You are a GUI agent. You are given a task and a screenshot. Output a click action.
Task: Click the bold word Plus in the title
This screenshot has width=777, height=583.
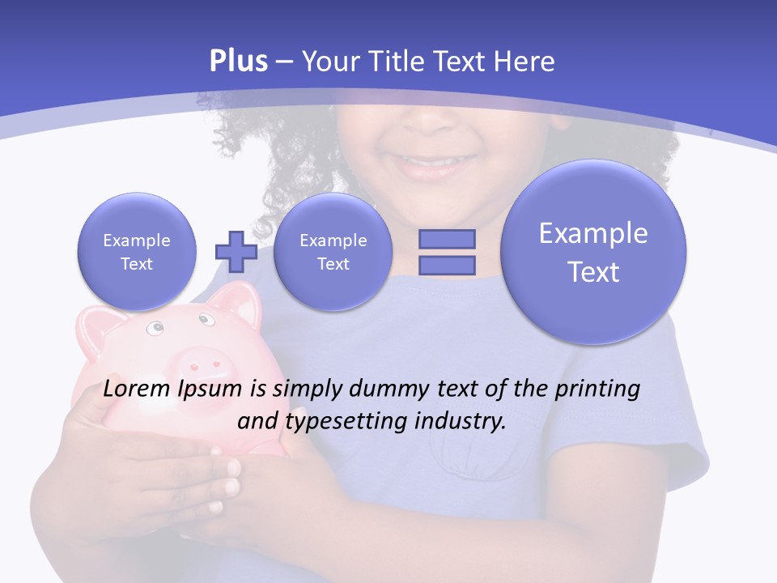[239, 62]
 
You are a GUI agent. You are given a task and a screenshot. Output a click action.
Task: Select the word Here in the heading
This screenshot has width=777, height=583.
[525, 62]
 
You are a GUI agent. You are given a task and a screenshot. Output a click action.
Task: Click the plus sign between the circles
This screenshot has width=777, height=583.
[236, 252]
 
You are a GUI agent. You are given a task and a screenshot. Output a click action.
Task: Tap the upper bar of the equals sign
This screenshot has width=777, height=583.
[447, 240]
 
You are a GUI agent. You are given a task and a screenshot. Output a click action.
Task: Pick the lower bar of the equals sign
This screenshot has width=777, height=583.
[447, 265]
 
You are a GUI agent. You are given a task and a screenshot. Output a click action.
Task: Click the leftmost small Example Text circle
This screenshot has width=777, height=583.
[137, 252]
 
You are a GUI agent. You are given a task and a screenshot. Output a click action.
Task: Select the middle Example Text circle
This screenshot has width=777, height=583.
[333, 252]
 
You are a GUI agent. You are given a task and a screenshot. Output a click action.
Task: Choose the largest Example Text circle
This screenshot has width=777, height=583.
[593, 252]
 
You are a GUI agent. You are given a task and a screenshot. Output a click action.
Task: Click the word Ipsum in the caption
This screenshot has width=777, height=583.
[210, 390]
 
